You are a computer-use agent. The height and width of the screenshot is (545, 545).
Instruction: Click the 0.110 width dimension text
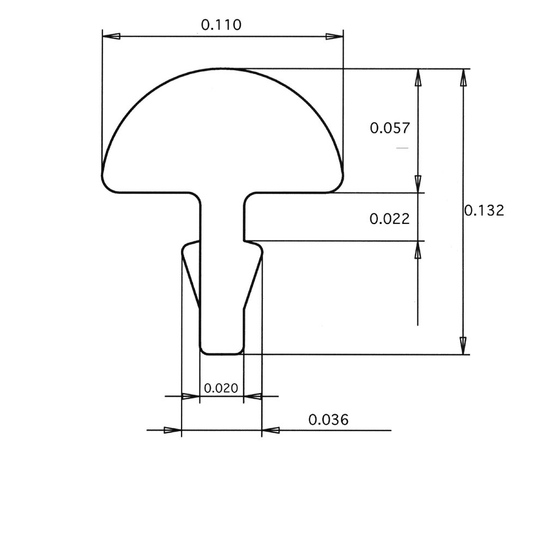pos(221,25)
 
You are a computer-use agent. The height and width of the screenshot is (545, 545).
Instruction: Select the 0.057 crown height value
pos(389,128)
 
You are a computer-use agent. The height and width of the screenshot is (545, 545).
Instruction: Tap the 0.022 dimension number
pos(389,219)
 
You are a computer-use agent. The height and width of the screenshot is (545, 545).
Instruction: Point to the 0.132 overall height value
pos(484,210)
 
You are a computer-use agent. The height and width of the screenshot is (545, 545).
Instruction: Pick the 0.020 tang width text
pos(221,388)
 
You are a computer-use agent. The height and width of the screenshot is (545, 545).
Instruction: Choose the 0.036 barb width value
pos(328,420)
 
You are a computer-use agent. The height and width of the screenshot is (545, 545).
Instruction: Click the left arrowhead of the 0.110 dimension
pos(111,37)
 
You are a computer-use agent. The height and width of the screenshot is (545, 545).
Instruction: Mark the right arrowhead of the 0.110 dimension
pos(334,37)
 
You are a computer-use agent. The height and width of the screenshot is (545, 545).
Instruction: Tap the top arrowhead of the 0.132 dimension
pos(463,77)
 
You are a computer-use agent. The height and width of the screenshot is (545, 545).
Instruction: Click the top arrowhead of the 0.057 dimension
pos(418,77)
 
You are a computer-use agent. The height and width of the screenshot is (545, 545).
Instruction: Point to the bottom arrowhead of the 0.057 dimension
pos(418,184)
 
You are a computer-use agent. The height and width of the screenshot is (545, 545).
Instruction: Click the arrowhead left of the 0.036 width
pos(173,430)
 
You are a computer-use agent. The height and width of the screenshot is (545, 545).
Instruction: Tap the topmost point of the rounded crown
pos(222,69)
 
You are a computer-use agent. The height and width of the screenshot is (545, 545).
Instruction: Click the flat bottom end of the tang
pos(221,353)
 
